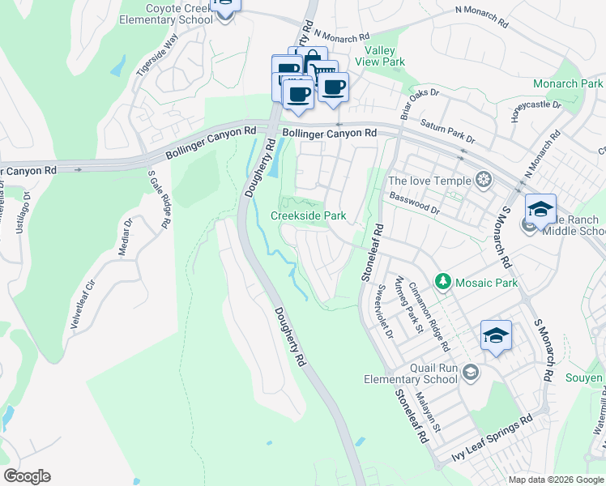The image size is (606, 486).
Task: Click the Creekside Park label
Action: point(308,215)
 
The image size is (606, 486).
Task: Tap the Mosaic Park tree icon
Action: point(442,281)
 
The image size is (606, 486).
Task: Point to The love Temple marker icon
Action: point(484,180)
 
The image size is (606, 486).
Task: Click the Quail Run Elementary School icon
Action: point(472,372)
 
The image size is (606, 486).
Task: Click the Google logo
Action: point(27,476)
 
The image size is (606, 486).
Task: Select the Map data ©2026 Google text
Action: point(555,479)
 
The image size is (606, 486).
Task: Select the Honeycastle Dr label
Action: point(536,110)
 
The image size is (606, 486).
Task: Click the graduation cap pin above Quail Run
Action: point(496,335)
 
